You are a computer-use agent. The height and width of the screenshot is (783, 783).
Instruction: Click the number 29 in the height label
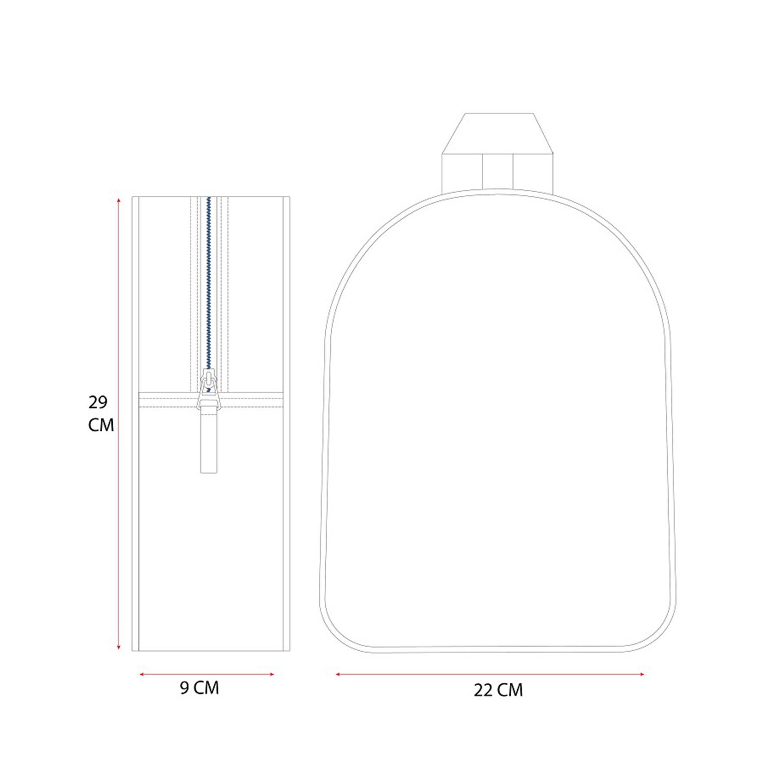(98, 402)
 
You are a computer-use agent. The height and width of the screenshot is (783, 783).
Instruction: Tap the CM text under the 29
(101, 425)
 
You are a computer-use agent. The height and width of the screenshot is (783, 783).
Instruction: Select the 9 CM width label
(199, 688)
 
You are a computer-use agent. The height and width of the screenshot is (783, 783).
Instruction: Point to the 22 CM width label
(498, 690)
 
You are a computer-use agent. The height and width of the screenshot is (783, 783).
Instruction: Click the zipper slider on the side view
(209, 389)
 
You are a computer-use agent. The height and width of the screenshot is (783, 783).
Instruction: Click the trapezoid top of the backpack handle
(497, 134)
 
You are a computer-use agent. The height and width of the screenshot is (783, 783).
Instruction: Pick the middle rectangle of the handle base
(498, 172)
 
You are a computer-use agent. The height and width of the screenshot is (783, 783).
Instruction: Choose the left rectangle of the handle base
(462, 173)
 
